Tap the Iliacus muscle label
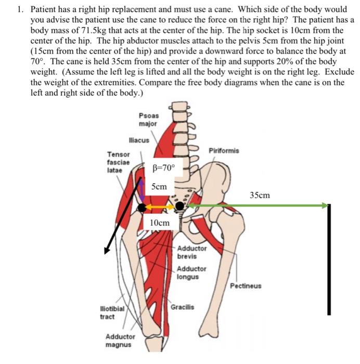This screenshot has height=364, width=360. point(139,140)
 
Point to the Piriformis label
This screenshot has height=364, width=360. point(224,150)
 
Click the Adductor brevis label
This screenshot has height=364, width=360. point(191,252)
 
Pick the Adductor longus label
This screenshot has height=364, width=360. point(191,272)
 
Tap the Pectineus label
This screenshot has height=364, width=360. point(246,286)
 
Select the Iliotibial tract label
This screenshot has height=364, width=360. point(112,312)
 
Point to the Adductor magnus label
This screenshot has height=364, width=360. point(120,341)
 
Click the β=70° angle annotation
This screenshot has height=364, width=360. point(164,168)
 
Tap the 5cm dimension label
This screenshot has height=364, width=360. point(160,186)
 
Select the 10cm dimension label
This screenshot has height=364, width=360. point(160,223)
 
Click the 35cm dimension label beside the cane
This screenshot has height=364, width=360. point(260,195)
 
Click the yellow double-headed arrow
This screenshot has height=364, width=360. point(159,207)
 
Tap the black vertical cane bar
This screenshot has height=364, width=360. point(329,260)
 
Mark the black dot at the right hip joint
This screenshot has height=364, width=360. point(142,208)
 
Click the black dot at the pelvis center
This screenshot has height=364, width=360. point(179,206)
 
